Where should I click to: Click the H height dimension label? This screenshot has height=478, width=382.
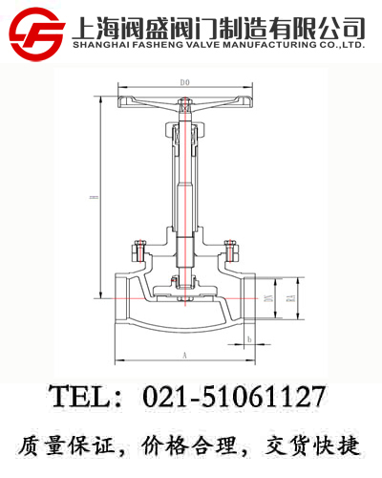coord(94,198)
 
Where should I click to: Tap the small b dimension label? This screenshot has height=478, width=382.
coord(247,338)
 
